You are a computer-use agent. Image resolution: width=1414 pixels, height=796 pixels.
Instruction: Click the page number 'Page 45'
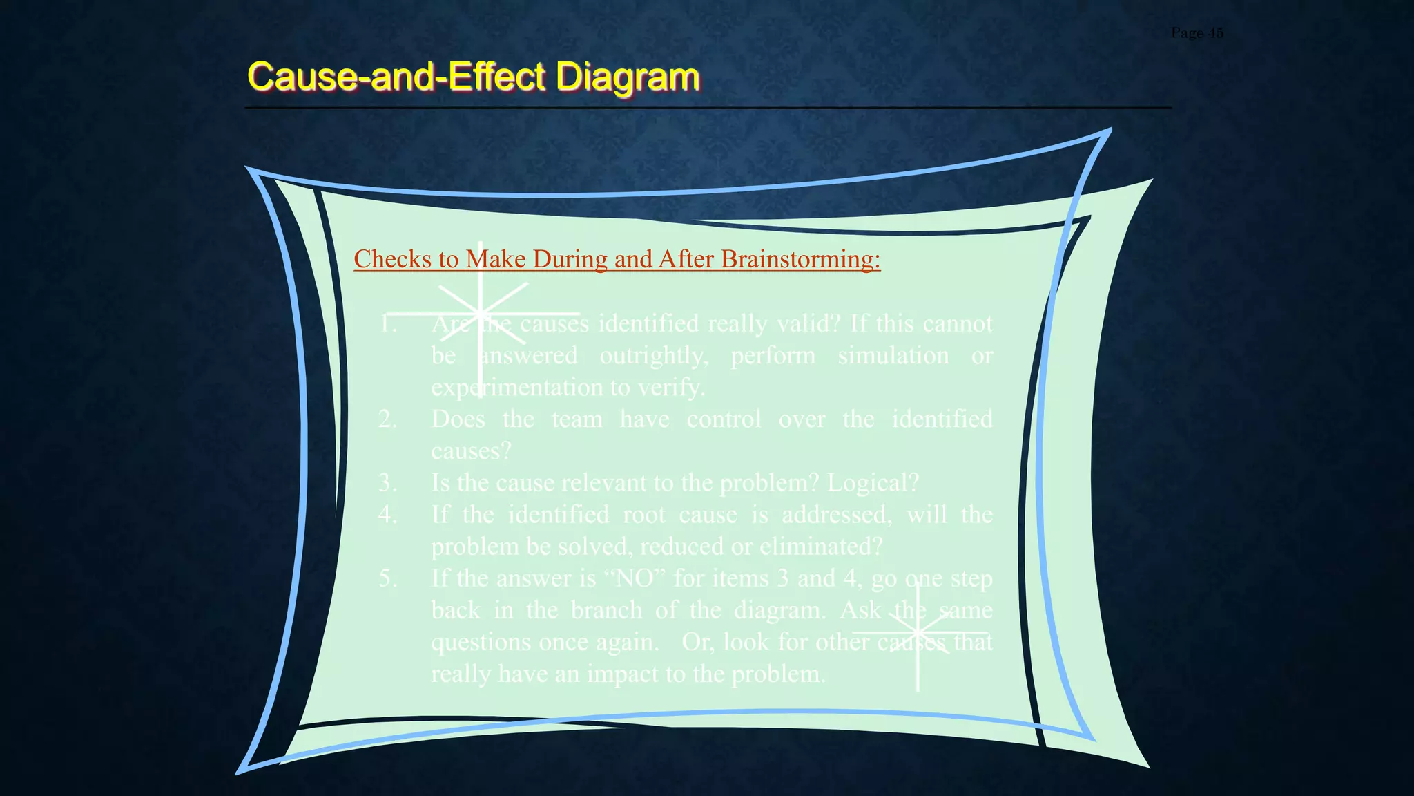pyautogui.click(x=1197, y=32)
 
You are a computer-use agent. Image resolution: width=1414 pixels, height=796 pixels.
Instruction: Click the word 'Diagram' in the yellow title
pyautogui.click(x=628, y=76)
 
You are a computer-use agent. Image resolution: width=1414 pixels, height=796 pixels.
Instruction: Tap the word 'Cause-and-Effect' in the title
pyautogui.click(x=397, y=76)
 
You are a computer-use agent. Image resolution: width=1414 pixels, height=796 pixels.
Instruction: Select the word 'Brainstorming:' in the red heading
pyautogui.click(x=800, y=259)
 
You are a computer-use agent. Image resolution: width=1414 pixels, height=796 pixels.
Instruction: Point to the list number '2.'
pyautogui.click(x=387, y=419)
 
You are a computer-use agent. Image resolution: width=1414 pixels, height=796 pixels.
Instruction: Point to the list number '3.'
pyautogui.click(x=387, y=482)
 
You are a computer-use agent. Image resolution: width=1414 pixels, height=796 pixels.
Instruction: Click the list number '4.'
pyautogui.click(x=387, y=514)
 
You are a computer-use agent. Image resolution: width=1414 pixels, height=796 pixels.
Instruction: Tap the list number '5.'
pyautogui.click(x=387, y=578)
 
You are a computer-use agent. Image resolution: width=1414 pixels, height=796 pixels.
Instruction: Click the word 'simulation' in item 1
pyautogui.click(x=893, y=355)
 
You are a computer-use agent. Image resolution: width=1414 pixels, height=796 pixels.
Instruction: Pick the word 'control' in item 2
pyautogui.click(x=724, y=419)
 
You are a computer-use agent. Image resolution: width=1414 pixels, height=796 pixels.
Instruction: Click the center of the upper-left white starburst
pyautogui.click(x=481, y=314)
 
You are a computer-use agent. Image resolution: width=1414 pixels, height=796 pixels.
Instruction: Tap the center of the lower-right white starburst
pyautogui.click(x=918, y=632)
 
